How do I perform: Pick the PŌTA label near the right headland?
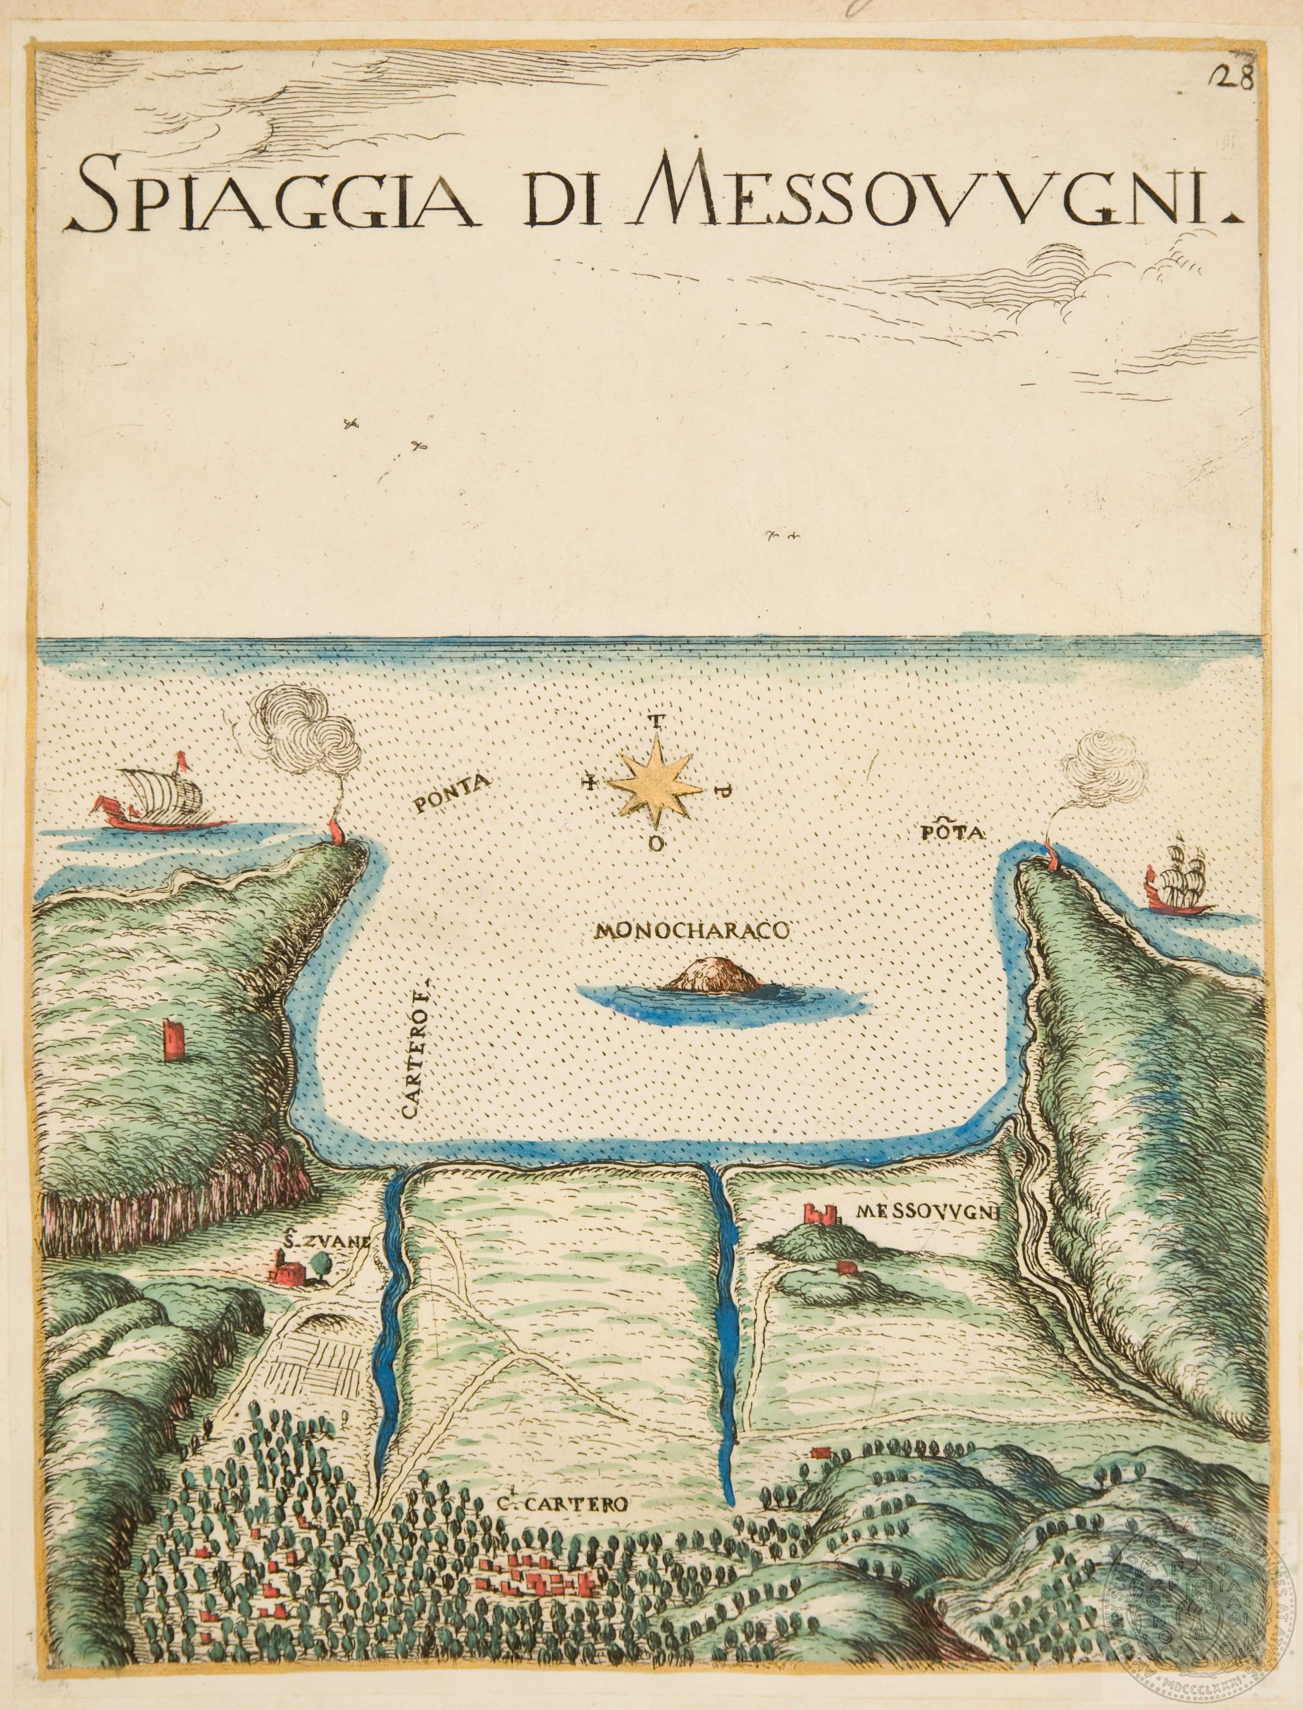pos(952,834)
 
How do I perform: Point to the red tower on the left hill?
pos(175,1037)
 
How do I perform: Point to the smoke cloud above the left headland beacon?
pos(310,729)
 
